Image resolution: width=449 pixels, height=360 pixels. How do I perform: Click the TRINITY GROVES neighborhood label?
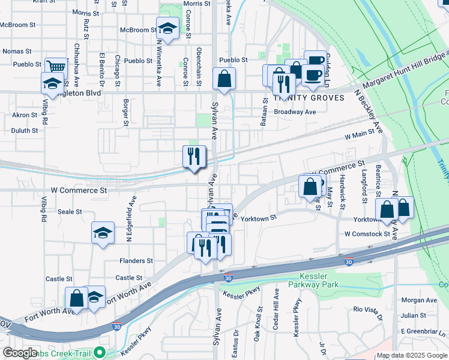309,98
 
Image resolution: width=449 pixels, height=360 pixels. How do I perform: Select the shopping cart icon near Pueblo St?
56,67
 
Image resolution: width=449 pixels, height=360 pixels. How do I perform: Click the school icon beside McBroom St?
168,28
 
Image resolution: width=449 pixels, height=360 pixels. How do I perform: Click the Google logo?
20,353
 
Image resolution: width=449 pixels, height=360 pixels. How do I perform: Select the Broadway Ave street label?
295,112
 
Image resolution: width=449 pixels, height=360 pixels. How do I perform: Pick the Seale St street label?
70,212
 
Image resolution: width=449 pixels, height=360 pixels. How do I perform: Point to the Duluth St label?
25,130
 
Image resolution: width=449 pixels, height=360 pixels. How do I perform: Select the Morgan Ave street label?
419,300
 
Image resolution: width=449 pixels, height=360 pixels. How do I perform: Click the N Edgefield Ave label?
128,219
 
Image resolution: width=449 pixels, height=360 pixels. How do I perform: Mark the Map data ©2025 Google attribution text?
412,355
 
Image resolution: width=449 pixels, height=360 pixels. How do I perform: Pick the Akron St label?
25,115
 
